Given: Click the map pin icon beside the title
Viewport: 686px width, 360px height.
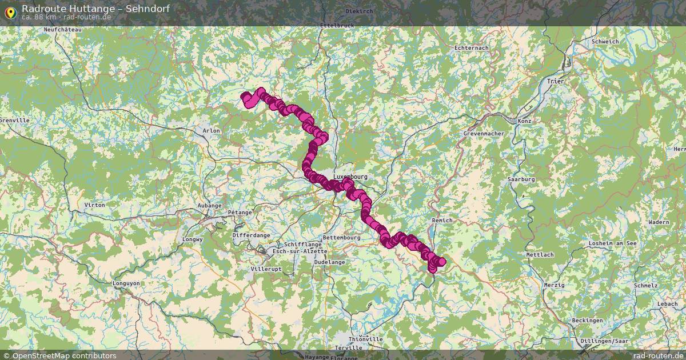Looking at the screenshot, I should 10,11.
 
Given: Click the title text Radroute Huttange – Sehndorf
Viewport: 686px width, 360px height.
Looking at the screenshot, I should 95,9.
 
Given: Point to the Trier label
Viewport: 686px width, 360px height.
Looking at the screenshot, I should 555,82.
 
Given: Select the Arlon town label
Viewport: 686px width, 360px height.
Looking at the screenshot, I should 211,131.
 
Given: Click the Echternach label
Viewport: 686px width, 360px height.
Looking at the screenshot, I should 471,48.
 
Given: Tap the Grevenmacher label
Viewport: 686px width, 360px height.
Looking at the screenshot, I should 484,134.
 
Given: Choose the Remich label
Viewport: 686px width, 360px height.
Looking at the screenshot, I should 442,221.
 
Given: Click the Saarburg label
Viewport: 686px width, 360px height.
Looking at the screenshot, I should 521,179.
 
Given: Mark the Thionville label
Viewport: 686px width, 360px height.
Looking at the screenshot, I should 365,339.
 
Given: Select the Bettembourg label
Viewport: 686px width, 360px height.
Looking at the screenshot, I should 341,237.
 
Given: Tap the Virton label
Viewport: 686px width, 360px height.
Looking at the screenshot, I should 94,205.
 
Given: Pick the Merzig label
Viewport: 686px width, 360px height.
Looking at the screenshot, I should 554,285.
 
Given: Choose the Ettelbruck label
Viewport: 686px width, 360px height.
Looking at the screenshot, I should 337,26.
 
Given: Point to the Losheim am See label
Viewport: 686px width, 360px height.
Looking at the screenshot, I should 613,243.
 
